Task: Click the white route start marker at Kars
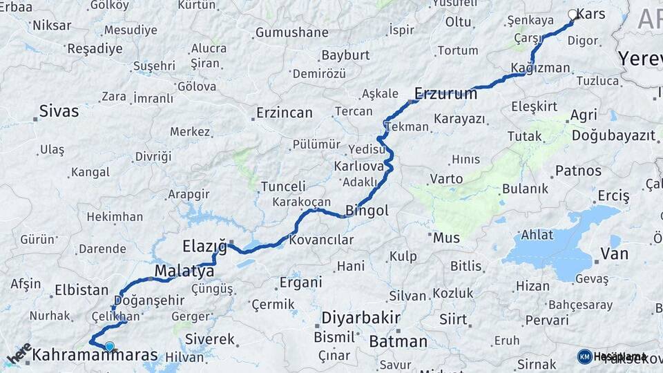coord(573,15)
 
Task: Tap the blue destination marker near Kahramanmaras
coord(109,345)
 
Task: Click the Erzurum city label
coord(445,93)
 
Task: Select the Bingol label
coord(367,211)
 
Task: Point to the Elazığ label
coord(204,246)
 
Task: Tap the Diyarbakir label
coord(361,318)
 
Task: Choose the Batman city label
coord(398,341)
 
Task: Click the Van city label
coord(614,254)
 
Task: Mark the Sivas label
coord(59,111)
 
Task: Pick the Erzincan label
coord(284,113)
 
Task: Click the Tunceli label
coord(283,186)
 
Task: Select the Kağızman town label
coord(540,68)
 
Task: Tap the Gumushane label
coord(291,32)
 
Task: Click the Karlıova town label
coord(358,166)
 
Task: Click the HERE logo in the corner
coord(19,353)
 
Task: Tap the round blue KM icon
coord(584,356)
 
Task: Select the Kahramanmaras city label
coord(95,356)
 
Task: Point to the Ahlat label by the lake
coord(537,235)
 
